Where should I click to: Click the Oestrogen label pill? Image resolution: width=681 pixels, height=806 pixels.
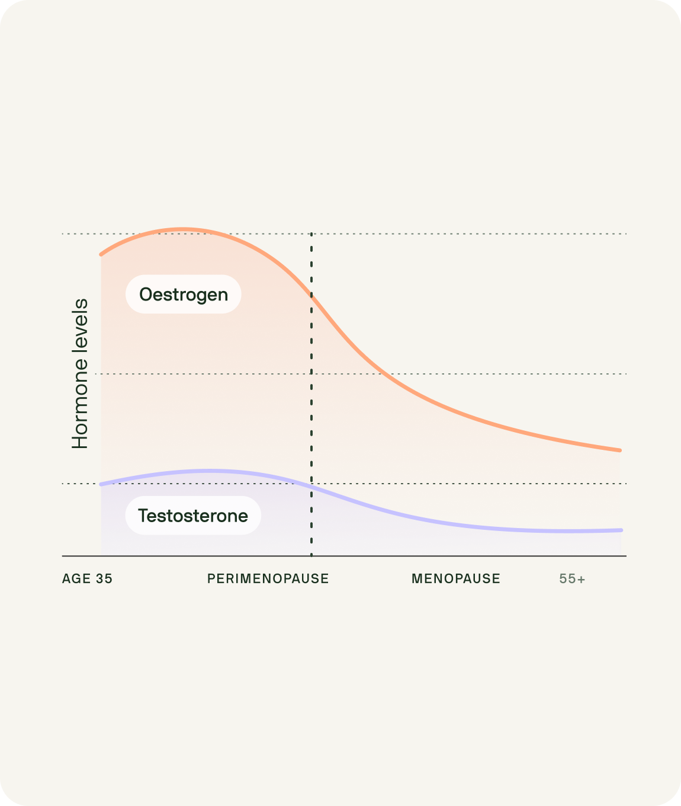pos(183,294)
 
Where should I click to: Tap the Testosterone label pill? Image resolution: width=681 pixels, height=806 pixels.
pos(193,516)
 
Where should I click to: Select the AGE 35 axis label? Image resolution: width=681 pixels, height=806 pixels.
pos(87,578)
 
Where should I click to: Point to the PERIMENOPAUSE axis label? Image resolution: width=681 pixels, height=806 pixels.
pos(268,578)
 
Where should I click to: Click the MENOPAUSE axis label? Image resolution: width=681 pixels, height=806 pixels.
pos(455,578)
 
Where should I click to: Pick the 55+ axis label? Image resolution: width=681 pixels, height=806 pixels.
pos(572,579)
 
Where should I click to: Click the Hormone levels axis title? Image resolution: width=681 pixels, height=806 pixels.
pos(80,373)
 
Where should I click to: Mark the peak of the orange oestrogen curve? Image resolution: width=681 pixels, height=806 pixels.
pos(182,229)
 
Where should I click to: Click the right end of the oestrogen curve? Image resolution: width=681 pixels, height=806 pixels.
pos(620,450)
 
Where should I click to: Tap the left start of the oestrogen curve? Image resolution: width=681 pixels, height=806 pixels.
pos(101,254)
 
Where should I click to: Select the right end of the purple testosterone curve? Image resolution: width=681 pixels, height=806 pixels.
pos(621,530)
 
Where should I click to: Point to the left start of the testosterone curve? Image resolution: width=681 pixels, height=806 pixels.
pos(101,484)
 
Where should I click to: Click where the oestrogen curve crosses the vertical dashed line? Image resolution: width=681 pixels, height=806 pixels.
pos(311,295)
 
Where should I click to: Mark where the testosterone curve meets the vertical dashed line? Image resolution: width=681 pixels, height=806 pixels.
pos(311,486)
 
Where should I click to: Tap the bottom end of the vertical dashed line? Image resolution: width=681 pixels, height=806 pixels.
pos(311,555)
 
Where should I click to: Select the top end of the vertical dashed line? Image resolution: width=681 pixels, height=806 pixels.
pos(311,234)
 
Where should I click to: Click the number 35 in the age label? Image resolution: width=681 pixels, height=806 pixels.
pos(104,578)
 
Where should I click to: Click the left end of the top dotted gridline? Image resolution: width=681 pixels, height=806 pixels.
pos(63,234)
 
